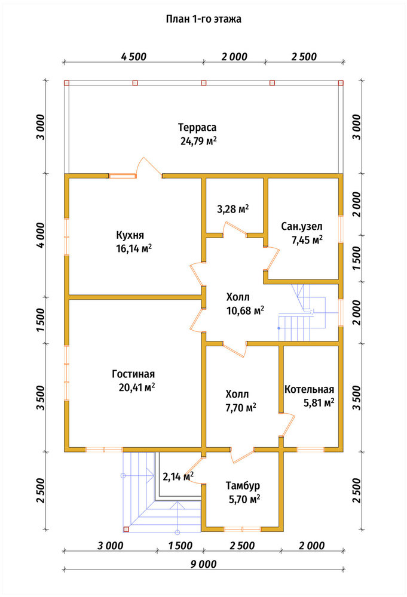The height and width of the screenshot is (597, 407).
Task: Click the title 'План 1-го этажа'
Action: [203, 19]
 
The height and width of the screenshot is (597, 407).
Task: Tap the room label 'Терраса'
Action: [197, 127]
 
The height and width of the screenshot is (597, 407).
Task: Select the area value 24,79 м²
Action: [198, 141]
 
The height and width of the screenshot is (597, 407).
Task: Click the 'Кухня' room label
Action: [130, 235]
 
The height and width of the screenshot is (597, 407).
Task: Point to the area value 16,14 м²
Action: [134, 248]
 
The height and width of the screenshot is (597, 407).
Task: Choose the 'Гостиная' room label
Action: [133, 374]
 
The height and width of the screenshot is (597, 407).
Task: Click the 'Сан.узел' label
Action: [302, 226]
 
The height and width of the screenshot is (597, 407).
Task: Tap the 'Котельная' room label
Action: [310, 389]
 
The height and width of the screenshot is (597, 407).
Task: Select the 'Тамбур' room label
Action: [243, 486]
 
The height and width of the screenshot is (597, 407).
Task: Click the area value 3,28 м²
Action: [233, 209]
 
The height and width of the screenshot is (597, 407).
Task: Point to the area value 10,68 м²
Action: [246, 310]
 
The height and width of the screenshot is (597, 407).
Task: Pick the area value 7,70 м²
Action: [241, 408]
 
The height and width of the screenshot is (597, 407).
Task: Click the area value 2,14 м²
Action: [178, 476]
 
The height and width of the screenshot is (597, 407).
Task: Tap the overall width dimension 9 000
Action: [203, 564]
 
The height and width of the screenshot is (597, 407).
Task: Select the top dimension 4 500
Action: [134, 57]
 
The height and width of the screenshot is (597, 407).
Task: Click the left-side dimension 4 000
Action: [41, 235]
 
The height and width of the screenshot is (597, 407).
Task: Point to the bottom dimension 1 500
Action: [180, 546]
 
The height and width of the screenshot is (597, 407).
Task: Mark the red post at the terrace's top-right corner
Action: [341, 83]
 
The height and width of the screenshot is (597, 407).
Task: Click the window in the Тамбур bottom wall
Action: [242, 529]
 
